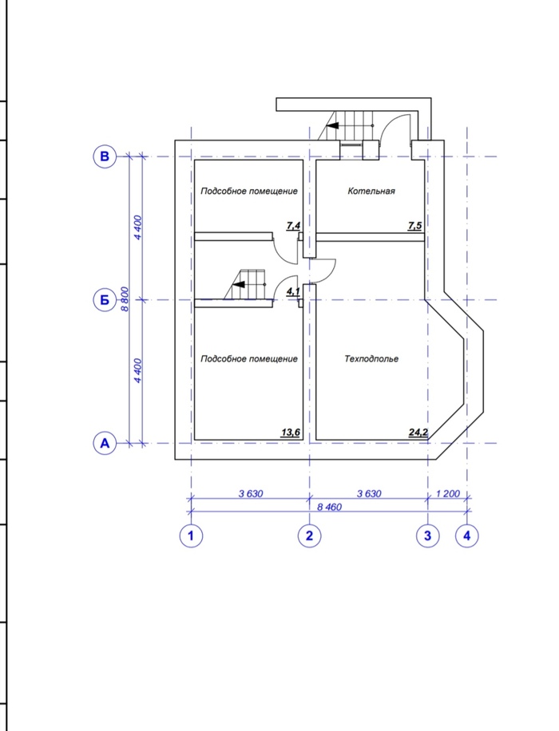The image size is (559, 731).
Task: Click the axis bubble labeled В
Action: coord(105,156)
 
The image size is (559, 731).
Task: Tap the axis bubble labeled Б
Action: coord(105,300)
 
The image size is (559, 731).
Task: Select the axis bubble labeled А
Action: coord(105,443)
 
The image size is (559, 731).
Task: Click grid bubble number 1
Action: coord(191,535)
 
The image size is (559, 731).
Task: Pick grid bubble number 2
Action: coord(309,535)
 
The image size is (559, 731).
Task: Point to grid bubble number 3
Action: coord(428,535)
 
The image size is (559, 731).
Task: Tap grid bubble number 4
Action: coord(467,535)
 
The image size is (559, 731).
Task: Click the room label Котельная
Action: coord(371,191)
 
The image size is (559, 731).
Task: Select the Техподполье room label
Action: coord(371,358)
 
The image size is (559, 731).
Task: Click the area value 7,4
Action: coord(294,226)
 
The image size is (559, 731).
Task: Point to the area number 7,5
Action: coord(414,226)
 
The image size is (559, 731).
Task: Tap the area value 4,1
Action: coord(293,292)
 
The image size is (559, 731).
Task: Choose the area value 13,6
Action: coord(290,433)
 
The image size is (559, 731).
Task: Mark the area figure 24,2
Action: coord(418,433)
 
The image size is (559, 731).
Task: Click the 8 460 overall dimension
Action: coord(330,507)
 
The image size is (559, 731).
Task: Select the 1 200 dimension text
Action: coord(448,493)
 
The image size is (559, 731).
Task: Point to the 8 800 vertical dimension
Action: coord(125,300)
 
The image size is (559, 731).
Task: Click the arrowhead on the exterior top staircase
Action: coord(332,126)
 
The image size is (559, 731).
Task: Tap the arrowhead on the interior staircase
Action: coord(239,284)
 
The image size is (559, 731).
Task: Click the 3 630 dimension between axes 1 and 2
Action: coord(251,493)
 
